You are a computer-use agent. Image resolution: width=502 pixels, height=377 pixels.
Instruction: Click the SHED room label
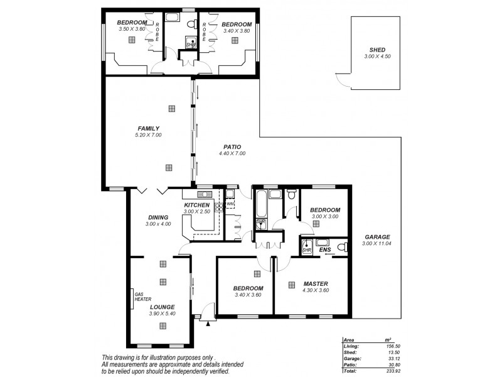pos(377,50)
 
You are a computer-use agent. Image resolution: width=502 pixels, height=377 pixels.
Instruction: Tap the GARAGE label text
pos(377,237)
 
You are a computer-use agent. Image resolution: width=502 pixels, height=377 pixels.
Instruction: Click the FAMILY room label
pos(148,128)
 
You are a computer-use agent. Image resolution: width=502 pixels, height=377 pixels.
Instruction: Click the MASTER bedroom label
pos(315,283)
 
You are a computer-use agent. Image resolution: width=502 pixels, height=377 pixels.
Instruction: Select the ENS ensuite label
pos(325,249)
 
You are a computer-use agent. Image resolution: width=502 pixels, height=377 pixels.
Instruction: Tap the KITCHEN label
pos(196,205)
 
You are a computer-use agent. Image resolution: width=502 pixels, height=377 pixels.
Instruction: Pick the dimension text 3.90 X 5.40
pos(162,314)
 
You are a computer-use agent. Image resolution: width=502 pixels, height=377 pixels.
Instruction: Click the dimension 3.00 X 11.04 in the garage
pos(377,244)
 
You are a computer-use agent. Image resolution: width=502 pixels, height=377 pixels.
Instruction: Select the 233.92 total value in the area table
pos(395,371)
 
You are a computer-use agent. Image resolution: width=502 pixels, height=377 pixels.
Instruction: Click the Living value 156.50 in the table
pos(395,346)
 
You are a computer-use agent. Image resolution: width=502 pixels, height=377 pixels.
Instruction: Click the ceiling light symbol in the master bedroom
pos(291,285)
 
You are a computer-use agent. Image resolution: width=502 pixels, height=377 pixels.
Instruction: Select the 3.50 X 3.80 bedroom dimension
pos(131,28)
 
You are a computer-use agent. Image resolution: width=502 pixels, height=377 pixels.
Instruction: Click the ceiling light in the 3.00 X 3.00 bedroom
pos(316,223)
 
